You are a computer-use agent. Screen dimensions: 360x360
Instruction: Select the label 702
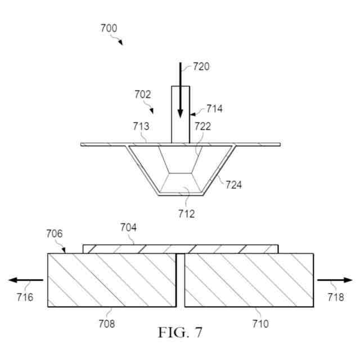click(143, 95)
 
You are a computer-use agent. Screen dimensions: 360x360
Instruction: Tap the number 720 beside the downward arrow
click(201, 66)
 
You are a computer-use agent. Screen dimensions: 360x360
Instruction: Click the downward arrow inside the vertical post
click(180, 93)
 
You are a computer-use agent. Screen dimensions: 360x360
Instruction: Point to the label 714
click(214, 109)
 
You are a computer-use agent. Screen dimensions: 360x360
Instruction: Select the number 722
click(202, 127)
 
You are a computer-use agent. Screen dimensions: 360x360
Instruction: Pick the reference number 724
click(233, 184)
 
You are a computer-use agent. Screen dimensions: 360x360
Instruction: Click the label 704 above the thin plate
click(129, 227)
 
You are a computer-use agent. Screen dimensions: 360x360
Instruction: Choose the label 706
click(55, 233)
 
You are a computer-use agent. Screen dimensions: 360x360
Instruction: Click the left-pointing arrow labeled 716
click(26, 280)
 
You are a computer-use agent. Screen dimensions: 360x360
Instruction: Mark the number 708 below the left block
click(106, 323)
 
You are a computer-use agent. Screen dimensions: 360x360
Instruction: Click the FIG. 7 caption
click(180, 332)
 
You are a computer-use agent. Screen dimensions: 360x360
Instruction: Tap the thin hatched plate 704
click(180, 249)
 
